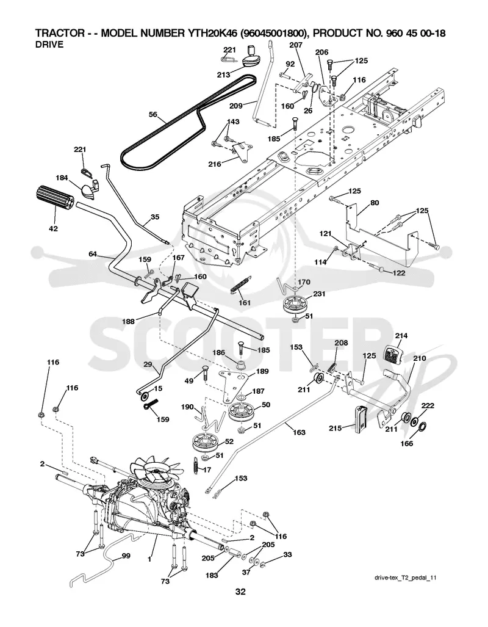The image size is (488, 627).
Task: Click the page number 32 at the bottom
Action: point(240,592)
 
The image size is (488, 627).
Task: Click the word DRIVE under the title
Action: point(49,45)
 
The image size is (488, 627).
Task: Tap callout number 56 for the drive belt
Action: point(152,114)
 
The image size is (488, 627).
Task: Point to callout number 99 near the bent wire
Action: point(126,556)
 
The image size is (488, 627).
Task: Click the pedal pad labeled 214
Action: point(394,354)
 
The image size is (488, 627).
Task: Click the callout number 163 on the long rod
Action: point(299,432)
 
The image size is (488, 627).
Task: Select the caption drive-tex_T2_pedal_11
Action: point(405,578)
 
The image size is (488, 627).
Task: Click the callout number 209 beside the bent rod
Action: point(236,106)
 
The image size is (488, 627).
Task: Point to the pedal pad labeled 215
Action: point(360,420)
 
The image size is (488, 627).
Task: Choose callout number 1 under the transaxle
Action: point(149,559)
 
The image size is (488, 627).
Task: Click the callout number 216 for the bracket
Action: point(215,164)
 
